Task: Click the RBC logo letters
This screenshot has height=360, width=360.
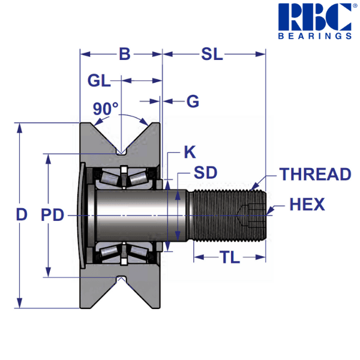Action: click(x=315, y=17)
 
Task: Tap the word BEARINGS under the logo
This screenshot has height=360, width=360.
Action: click(x=315, y=35)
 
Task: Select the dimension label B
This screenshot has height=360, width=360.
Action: click(x=124, y=54)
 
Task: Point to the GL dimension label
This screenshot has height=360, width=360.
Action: click(x=99, y=80)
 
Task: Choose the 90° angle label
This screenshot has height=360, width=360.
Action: click(x=106, y=109)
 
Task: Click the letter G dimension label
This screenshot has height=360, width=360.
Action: click(x=192, y=101)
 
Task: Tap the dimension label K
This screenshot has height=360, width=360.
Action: click(x=189, y=152)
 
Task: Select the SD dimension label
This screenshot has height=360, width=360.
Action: click(x=205, y=173)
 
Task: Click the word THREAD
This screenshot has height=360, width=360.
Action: click(x=315, y=175)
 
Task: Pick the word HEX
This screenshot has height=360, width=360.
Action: click(x=307, y=205)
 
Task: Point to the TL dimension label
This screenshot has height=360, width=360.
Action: click(x=230, y=258)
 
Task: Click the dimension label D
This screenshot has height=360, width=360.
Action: click(x=22, y=215)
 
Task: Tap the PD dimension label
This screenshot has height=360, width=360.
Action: click(x=52, y=215)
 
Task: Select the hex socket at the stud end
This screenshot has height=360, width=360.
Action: click(x=252, y=214)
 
